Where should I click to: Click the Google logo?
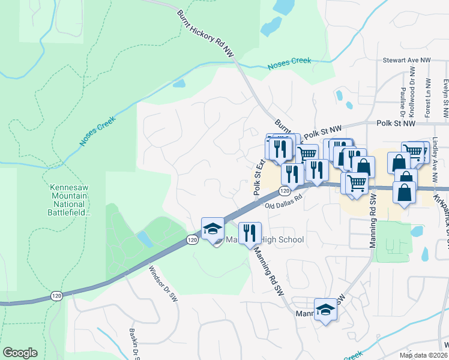[x=20, y=353]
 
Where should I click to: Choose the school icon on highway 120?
[x=212, y=229]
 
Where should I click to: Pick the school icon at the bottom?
[x=325, y=310]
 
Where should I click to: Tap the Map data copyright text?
[x=424, y=355]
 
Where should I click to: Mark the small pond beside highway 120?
[x=144, y=239]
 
